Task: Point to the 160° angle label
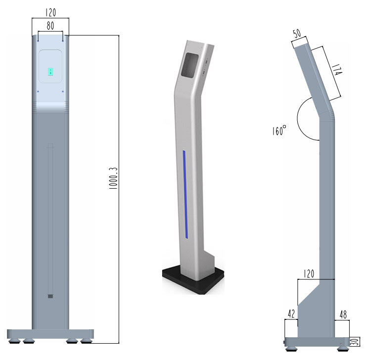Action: click(x=279, y=131)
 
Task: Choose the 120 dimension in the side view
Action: click(x=309, y=273)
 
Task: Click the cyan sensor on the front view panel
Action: click(x=50, y=73)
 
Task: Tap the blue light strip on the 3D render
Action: click(x=184, y=193)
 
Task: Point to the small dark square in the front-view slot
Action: click(x=50, y=296)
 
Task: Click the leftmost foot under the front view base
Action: click(x=15, y=341)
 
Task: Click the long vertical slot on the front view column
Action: click(x=50, y=218)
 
